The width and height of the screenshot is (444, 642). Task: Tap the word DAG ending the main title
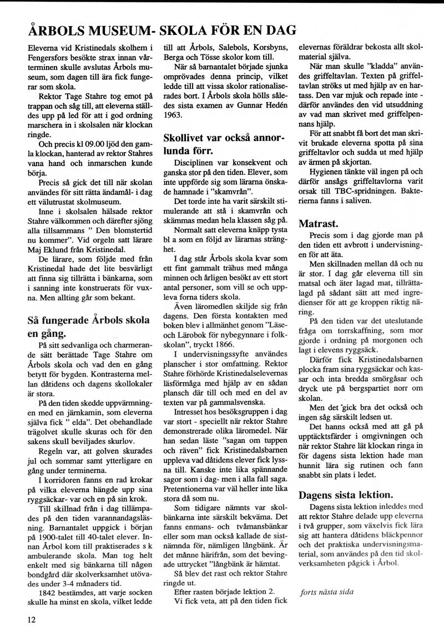tap(276, 31)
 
